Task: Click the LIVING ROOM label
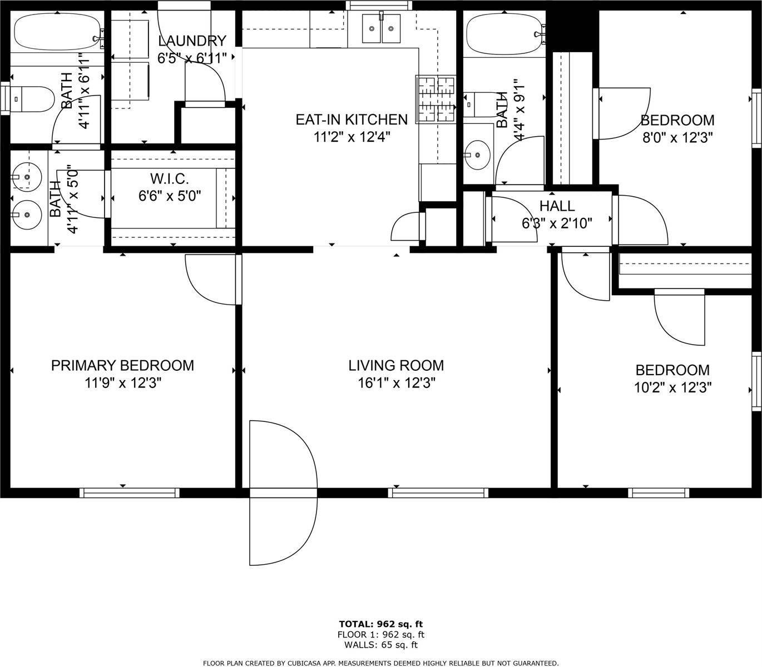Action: point(396,365)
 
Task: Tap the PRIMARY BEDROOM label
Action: point(122,365)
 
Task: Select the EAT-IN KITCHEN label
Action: point(351,120)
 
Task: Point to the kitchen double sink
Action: point(381,28)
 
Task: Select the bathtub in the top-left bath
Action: point(56,32)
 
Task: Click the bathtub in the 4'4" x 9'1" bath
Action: point(503,34)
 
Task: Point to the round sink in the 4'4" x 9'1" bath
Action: point(478,154)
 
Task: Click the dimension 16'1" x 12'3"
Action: point(396,382)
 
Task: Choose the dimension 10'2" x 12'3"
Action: point(673,387)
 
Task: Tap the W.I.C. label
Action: point(170,179)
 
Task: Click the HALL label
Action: point(557,206)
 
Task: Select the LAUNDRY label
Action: point(192,41)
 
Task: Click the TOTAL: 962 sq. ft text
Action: point(381,624)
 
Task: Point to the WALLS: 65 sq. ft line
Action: point(381,645)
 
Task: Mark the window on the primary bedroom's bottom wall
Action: point(129,492)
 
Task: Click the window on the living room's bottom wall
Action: point(438,492)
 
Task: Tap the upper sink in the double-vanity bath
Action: point(26,178)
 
